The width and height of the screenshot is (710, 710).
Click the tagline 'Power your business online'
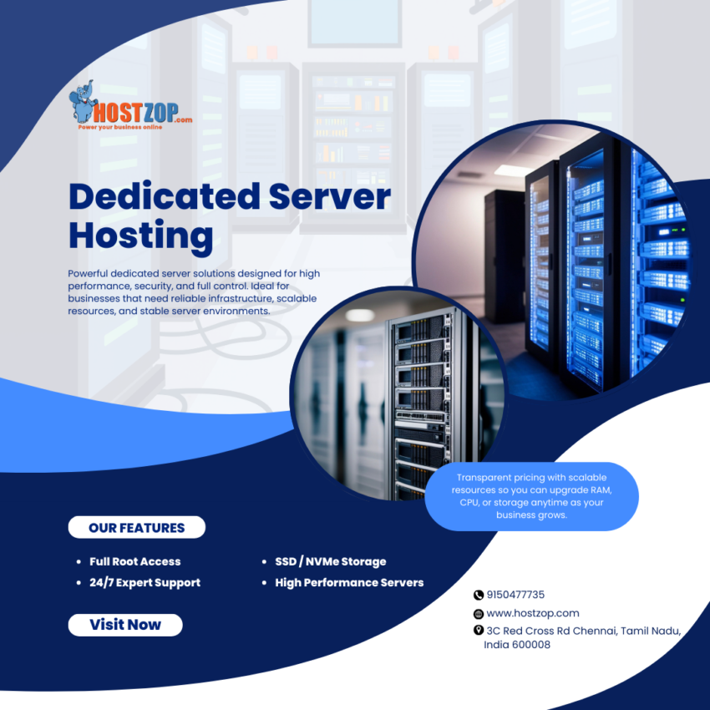120,127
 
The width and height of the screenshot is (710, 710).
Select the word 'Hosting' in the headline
140,235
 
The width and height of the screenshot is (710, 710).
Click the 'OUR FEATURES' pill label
136,528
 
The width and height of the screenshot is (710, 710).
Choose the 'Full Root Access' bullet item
134,561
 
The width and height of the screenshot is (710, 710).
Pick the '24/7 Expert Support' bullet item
145,582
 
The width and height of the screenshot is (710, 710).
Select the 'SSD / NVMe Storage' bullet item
330,561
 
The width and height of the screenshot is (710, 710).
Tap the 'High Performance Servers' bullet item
349,582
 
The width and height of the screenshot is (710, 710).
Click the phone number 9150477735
515,595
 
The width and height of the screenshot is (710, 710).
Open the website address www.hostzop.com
532,613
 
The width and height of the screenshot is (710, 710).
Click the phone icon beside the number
479,595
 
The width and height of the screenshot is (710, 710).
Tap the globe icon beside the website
479,613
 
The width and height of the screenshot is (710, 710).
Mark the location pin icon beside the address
479,631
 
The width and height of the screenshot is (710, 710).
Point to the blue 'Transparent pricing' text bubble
531,496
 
